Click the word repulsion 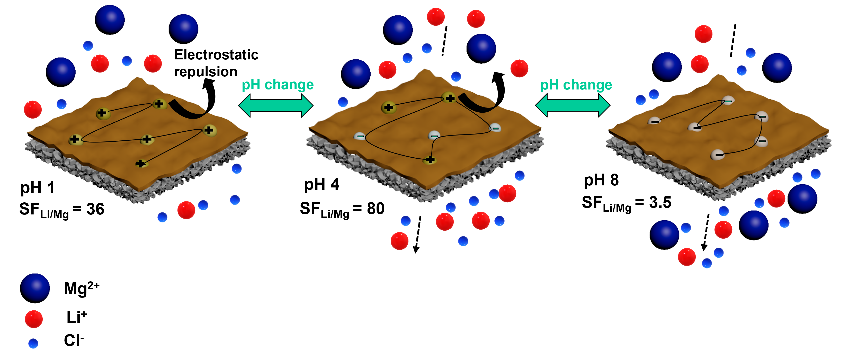tap(206, 72)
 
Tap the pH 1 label tap(37, 188)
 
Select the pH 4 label tap(321, 185)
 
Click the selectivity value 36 tap(95, 209)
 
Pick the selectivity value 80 tap(376, 209)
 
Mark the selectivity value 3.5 tap(660, 202)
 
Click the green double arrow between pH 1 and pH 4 tap(275, 106)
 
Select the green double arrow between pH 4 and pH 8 tap(573, 106)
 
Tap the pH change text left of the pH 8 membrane tap(576, 85)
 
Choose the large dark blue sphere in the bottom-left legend tap(34, 288)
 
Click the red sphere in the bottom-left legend tap(34, 319)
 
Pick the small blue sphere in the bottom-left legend tap(33, 344)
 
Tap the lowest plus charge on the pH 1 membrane tap(141, 164)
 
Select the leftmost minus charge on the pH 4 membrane tap(360, 136)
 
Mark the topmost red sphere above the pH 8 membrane tap(703, 34)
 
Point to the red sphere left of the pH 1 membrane tap(33, 110)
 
